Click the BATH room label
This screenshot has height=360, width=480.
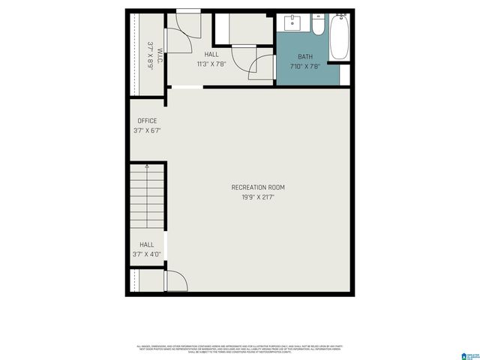(305, 56)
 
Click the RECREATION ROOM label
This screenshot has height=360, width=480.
(258, 187)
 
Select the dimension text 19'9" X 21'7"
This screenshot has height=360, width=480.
(258, 197)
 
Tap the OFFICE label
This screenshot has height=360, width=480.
(147, 121)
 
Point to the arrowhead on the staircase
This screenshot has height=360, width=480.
(147, 166)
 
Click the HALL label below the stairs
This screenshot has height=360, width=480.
(146, 244)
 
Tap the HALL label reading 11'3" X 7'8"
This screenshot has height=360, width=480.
(211, 55)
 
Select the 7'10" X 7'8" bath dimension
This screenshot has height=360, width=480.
(305, 66)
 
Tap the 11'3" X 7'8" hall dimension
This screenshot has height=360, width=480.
(211, 64)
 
